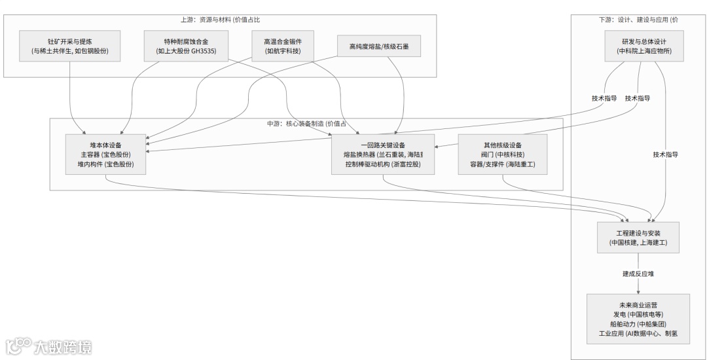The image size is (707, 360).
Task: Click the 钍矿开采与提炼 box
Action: [x=70, y=45]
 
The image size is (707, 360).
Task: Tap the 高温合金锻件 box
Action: [x=283, y=45]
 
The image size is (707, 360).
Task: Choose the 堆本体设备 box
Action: [x=105, y=154]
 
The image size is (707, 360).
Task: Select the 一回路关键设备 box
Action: [x=383, y=154]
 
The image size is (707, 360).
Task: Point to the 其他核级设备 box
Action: [x=502, y=154]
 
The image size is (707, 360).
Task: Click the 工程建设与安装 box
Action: [x=638, y=237]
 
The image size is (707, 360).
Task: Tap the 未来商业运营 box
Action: [x=638, y=319]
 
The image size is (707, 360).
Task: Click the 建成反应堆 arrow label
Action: [x=638, y=274]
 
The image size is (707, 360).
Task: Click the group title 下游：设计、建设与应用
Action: [x=638, y=20]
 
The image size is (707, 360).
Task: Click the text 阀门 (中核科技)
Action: [x=502, y=154]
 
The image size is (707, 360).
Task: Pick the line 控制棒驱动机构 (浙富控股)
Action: [x=383, y=164]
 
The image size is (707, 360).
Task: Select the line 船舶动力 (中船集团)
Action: [x=638, y=323]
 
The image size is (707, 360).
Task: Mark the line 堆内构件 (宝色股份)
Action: [x=105, y=164]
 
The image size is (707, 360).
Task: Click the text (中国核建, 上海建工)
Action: [x=638, y=242]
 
